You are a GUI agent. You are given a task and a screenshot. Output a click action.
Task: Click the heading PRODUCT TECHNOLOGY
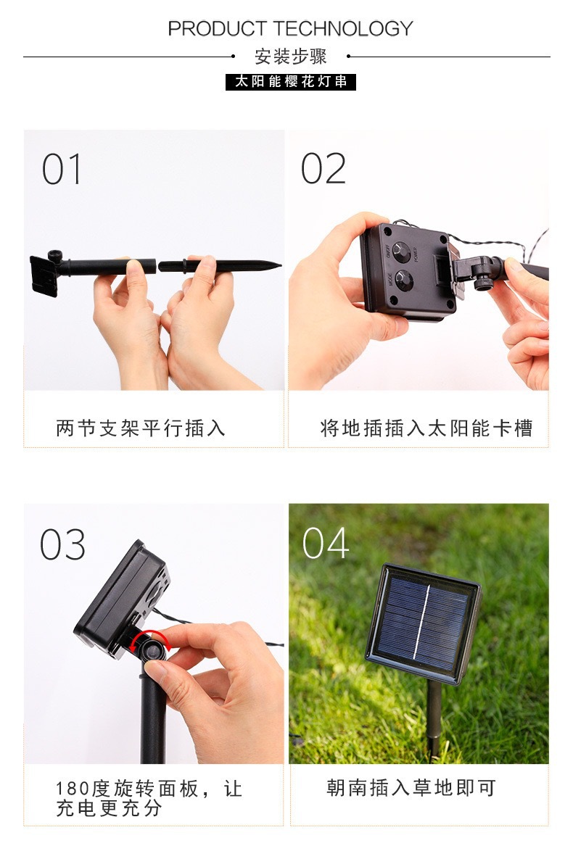pos(290,29)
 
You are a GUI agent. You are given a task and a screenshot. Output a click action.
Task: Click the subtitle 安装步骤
pos(290,57)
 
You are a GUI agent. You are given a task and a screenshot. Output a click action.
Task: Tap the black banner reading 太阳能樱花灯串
pos(290,81)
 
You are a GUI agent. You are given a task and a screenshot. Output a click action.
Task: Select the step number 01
pos(62,170)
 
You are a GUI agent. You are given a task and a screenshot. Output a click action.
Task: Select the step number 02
pos(323,170)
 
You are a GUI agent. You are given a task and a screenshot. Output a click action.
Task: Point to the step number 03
pos(62,545)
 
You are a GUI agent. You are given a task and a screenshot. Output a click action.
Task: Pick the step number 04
pos(325,544)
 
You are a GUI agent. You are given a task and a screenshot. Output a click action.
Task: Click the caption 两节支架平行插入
pos(141,428)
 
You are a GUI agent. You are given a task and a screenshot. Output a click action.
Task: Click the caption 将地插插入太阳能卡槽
pos(426,428)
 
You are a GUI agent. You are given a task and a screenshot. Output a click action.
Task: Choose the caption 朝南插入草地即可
pos(411,788)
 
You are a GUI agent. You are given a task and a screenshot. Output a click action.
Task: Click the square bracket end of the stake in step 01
pos(44,274)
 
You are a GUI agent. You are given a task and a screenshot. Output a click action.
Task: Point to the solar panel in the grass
pos(423,621)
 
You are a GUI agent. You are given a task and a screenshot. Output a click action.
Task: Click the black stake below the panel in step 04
pos(434,718)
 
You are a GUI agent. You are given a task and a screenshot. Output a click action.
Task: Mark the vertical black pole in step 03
pos(153,718)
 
